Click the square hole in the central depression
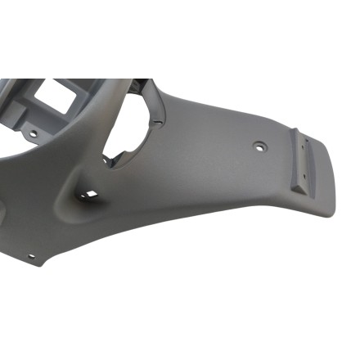pyautogui.click(x=90, y=194)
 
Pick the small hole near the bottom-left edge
pyautogui.click(x=32, y=256)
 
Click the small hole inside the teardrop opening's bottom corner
pyautogui.click(x=106, y=160)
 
